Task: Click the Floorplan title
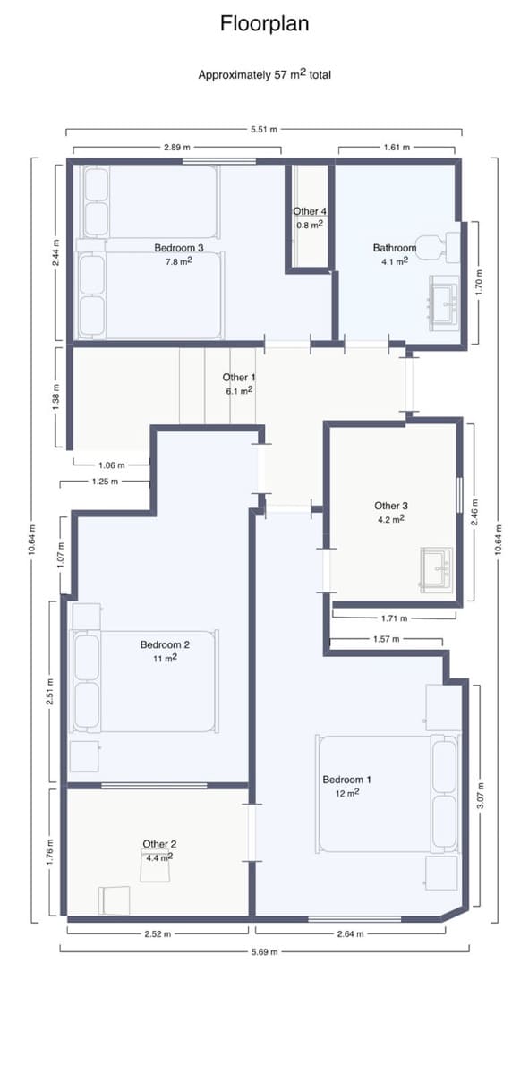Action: (x=264, y=24)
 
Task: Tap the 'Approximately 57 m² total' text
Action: (x=264, y=75)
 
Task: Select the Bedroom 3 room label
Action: (x=179, y=248)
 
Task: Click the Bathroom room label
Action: (x=394, y=248)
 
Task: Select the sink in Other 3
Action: (x=437, y=569)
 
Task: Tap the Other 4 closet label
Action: (x=310, y=211)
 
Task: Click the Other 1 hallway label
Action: (x=239, y=378)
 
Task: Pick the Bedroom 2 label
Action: (x=165, y=644)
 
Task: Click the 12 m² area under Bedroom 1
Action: (x=347, y=792)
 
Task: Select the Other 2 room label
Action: (x=159, y=844)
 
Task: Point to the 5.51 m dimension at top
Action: (x=264, y=131)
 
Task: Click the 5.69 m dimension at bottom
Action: (x=264, y=950)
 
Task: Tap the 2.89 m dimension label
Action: (x=176, y=147)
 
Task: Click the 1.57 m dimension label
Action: (x=387, y=640)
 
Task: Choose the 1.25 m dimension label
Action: (x=105, y=482)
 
